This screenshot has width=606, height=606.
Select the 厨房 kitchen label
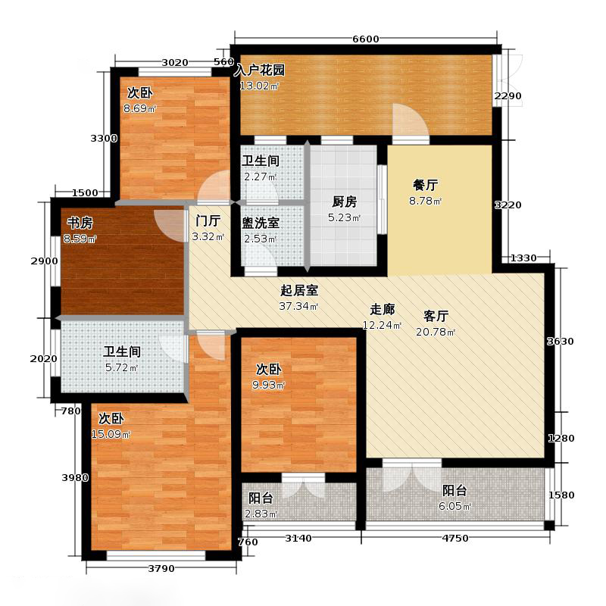[x=344, y=202]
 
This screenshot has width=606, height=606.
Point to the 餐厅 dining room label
[x=423, y=184]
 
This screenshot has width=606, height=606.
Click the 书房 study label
[x=80, y=223]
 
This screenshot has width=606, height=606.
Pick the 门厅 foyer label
[x=208, y=221]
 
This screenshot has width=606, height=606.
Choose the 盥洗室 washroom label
[x=261, y=223]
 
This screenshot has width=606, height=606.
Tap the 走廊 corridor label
[x=382, y=309]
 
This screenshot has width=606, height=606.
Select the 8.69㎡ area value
[x=140, y=108]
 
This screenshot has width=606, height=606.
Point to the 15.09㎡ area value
[x=111, y=434]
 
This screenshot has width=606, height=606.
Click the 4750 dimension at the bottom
[x=457, y=539]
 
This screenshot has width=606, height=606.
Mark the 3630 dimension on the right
[x=561, y=342]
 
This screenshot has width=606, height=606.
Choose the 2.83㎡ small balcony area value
[x=261, y=516]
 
